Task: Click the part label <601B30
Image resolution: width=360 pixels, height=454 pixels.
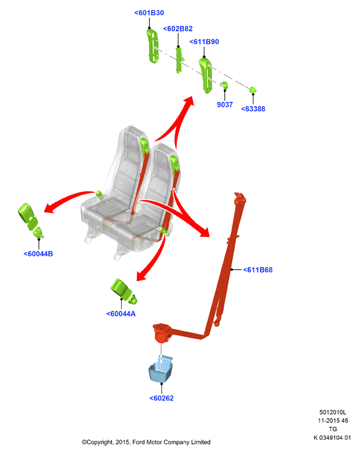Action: click(149, 13)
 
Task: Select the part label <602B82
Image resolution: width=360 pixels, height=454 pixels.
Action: click(178, 29)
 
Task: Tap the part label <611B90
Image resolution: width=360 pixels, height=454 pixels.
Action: click(204, 42)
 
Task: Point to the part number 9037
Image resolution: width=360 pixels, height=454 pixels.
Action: click(225, 104)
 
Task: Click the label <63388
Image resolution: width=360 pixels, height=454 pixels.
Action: click(253, 109)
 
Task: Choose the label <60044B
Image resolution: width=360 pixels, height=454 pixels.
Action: click(38, 254)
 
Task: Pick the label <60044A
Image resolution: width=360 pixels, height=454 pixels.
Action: click(121, 314)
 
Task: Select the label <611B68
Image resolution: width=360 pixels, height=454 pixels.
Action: click(257, 270)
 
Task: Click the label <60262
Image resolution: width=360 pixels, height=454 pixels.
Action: click(162, 398)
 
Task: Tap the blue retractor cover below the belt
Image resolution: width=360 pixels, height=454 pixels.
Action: click(161, 369)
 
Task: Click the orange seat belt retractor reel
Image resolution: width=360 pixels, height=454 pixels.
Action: click(161, 333)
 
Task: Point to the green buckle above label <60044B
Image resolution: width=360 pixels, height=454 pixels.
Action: click(30, 220)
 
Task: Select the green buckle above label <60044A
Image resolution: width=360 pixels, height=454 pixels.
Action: click(123, 291)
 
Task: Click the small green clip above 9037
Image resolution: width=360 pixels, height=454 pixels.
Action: click(224, 85)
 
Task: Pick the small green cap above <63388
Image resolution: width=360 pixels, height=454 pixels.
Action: click(253, 90)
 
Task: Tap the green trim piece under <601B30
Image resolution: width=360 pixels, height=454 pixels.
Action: click(153, 46)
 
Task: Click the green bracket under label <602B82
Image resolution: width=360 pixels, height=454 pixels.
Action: click(180, 60)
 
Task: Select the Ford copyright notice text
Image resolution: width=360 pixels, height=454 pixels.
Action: click(146, 442)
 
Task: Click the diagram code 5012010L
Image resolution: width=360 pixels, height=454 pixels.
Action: click(333, 412)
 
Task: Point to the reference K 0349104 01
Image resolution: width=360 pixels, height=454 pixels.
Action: click(332, 438)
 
